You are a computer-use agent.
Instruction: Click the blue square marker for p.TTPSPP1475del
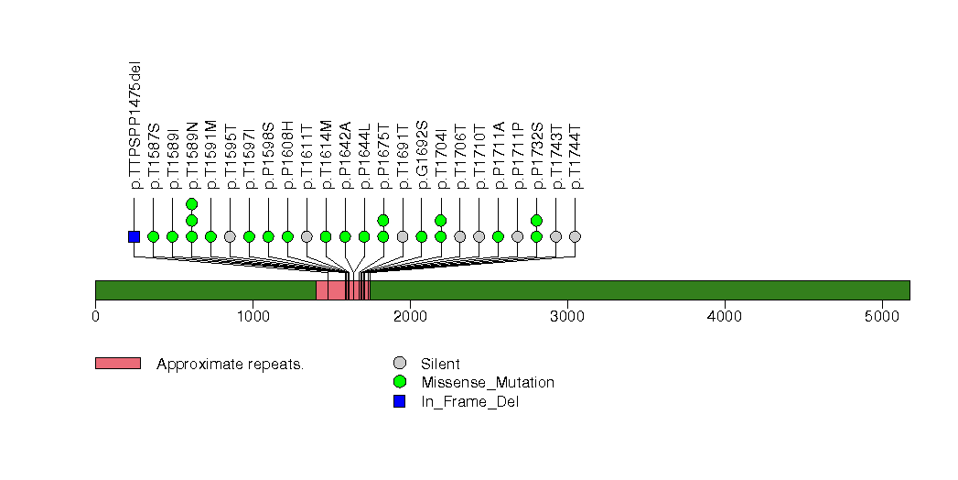(134, 236)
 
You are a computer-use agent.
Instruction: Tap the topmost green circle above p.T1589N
(191, 203)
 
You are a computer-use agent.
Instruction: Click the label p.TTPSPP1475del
(135, 125)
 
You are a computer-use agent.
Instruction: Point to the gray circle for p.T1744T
(575, 236)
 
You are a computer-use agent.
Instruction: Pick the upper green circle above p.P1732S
(536, 220)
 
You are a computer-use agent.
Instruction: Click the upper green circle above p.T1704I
(440, 220)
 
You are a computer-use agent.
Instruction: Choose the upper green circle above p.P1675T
(383, 220)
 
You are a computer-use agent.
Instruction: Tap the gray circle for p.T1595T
(230, 236)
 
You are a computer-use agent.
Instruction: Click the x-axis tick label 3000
(567, 317)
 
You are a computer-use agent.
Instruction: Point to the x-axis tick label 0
(95, 317)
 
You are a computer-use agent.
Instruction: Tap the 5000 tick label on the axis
(882, 317)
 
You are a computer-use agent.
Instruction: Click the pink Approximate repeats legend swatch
(118, 364)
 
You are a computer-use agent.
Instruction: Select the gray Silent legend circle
(399, 364)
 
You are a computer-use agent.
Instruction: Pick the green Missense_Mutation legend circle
(399, 382)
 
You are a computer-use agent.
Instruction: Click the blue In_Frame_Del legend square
(399, 400)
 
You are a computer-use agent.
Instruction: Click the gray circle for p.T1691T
(403, 236)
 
